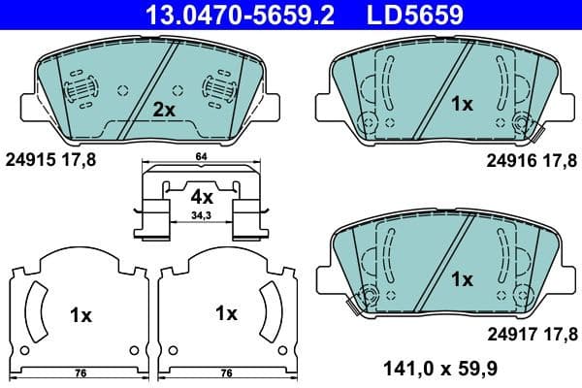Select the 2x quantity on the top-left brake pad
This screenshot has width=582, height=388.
point(163,111)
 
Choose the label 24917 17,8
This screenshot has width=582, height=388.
point(532,334)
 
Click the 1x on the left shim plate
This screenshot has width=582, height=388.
point(81,314)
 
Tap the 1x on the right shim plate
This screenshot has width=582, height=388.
point(226,313)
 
